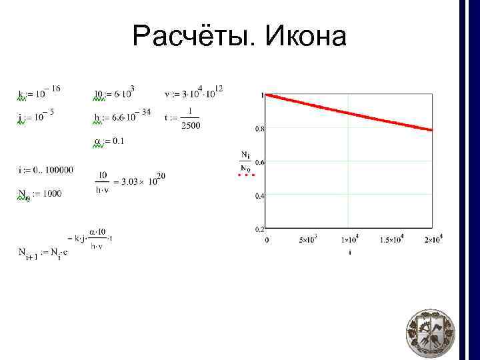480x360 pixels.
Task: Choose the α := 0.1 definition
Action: (109, 141)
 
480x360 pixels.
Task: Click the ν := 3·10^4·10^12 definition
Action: (193, 92)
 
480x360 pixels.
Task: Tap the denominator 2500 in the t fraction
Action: (191, 125)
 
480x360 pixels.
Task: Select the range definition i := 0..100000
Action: (46, 170)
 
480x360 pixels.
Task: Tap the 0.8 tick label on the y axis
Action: (260, 128)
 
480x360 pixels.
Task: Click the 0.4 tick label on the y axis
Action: (260, 195)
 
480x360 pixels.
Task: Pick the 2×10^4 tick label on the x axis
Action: (433, 239)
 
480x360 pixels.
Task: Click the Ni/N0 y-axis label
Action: (246, 161)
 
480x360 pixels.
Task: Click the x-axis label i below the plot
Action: (349, 253)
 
